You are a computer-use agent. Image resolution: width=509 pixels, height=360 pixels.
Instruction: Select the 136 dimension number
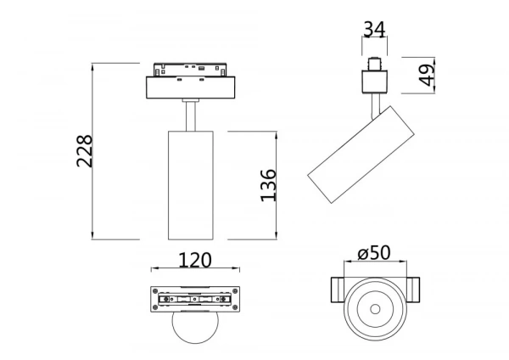268,185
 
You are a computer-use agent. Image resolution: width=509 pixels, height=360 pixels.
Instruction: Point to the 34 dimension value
374,30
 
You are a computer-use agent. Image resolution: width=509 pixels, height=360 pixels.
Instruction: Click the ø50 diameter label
373,254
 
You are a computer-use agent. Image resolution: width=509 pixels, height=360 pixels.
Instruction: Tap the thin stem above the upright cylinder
189,115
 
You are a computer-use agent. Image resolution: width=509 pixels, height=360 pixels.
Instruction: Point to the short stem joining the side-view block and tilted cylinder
375,104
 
